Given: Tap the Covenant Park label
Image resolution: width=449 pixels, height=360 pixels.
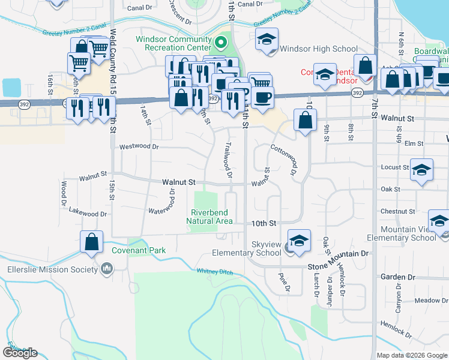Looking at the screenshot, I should point(138,250).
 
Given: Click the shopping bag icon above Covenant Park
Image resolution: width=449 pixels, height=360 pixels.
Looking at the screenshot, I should point(91,243).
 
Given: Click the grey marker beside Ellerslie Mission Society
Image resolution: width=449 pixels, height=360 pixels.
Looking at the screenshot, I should point(107,268).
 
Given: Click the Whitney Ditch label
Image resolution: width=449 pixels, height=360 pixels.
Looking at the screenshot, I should point(215,271).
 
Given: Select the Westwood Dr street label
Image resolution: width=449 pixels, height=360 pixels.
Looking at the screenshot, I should point(139,146).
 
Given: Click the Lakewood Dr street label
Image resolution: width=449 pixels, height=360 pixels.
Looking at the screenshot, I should point(88,213).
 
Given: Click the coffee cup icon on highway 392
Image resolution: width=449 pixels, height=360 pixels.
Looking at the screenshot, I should point(263,97).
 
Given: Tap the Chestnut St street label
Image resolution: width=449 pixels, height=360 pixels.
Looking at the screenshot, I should point(397,211).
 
